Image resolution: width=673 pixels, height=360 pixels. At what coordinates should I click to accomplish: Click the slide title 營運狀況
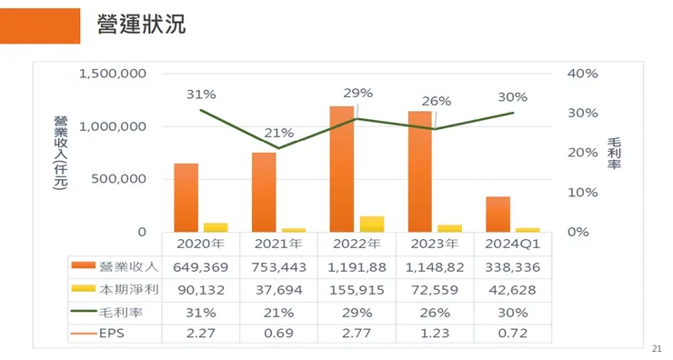click(141, 25)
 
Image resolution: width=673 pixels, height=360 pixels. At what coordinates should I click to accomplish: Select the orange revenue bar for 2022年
click(342, 168)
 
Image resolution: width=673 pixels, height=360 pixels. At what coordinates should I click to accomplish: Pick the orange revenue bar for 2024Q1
click(497, 214)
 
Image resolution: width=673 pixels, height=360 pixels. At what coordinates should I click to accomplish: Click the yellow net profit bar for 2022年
click(372, 224)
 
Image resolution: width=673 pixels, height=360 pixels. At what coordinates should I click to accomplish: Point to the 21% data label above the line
click(278, 134)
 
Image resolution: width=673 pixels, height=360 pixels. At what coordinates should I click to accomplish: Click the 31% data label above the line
click(201, 94)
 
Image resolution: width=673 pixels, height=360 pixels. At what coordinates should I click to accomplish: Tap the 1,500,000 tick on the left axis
click(113, 74)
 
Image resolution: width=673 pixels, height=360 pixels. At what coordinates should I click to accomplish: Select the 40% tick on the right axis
click(583, 74)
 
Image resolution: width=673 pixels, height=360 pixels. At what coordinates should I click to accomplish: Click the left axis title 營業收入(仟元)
click(60, 152)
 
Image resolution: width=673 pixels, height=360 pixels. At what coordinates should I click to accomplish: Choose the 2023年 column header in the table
click(435, 244)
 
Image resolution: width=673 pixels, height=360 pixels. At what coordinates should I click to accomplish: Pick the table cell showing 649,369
click(201, 266)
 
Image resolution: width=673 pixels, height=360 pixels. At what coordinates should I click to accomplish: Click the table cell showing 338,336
click(513, 266)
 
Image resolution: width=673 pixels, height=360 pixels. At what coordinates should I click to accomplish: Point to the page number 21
click(659, 349)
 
